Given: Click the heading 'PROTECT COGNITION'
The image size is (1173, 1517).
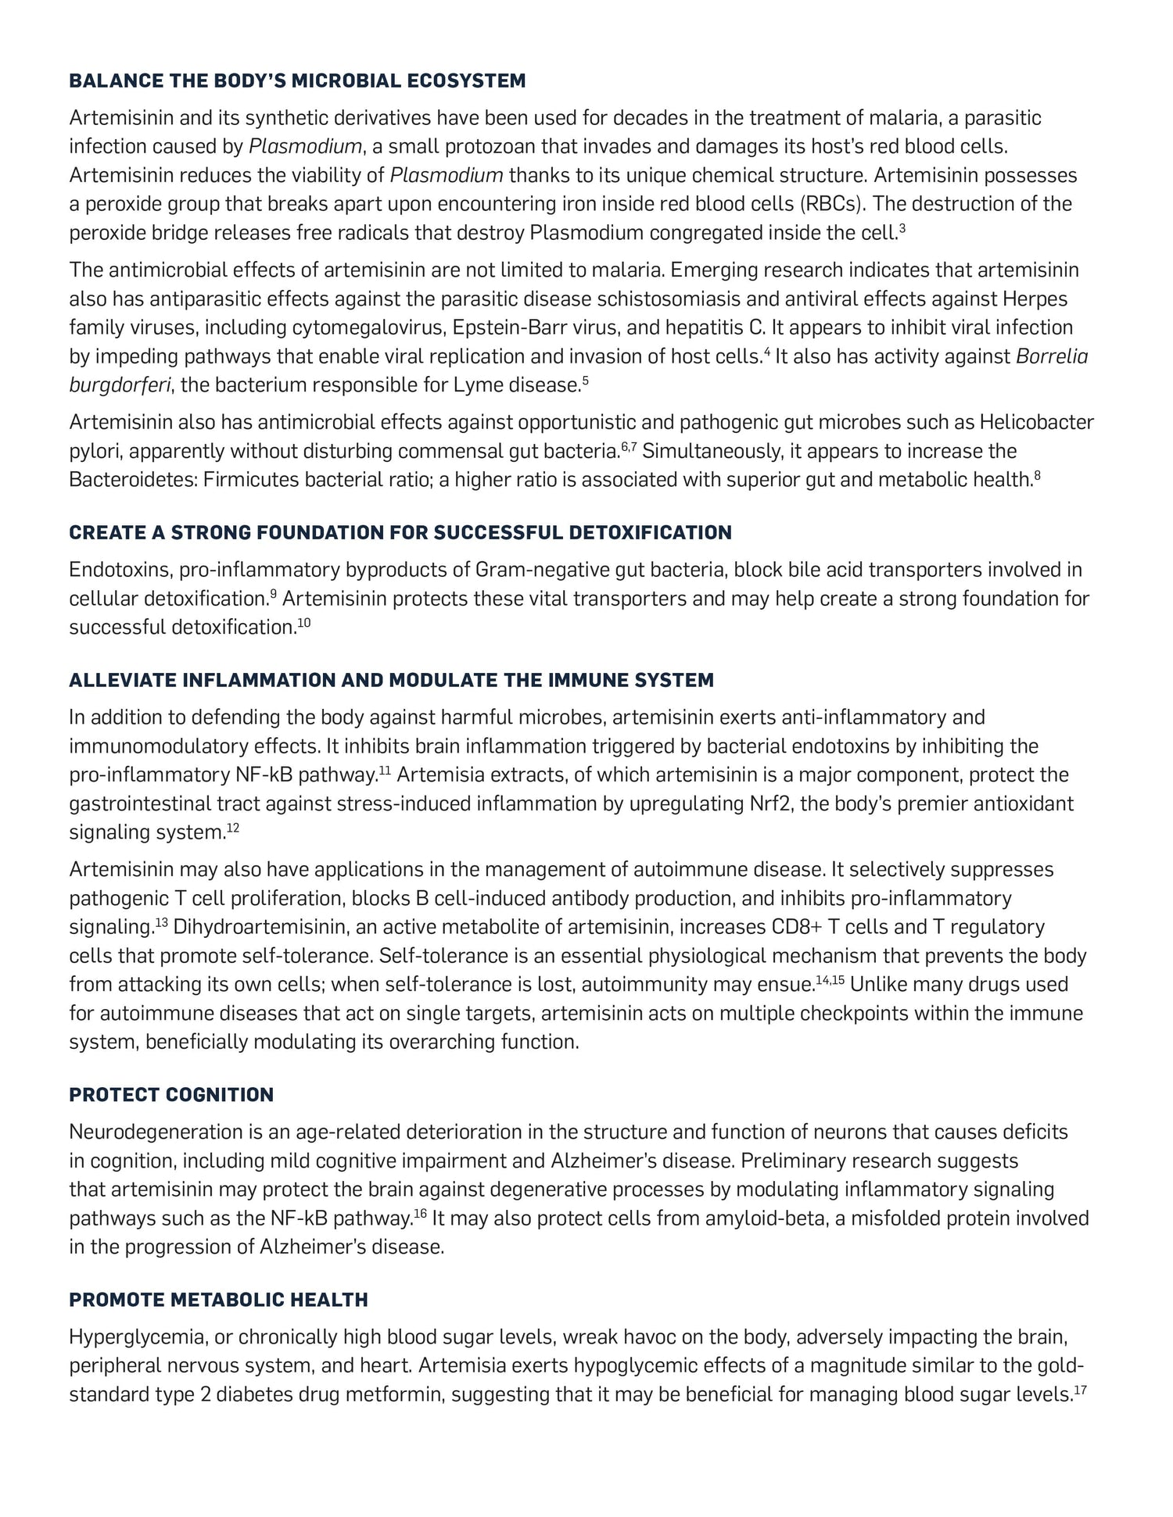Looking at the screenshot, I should (171, 1094).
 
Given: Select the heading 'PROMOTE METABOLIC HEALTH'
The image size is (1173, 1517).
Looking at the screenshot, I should (218, 1300).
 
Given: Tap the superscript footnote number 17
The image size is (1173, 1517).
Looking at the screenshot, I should (1082, 1390).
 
